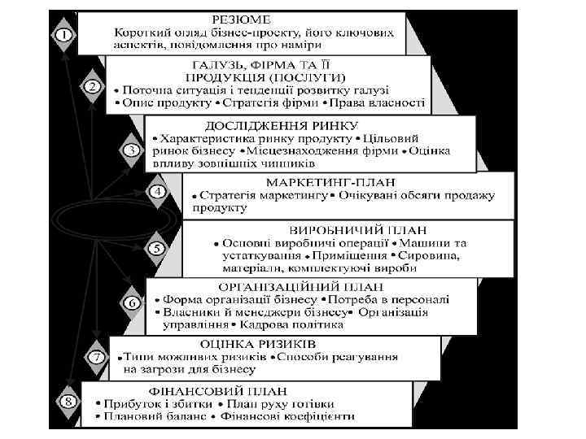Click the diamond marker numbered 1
click(63, 35)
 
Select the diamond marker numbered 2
click(94, 85)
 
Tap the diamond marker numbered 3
click(130, 150)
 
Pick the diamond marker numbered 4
click(157, 193)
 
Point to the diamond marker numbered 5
click(156, 248)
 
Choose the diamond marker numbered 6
click(130, 303)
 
